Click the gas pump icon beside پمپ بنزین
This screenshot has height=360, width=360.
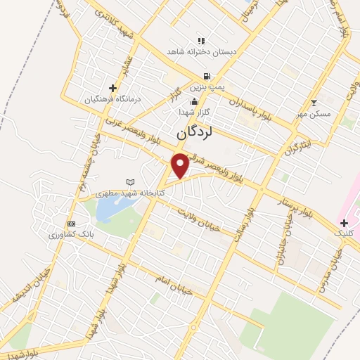tap(205, 76)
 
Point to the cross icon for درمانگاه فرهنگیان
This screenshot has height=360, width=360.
tap(112, 88)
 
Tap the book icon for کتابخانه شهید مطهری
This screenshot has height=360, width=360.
tap(129, 182)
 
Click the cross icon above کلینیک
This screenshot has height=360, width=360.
tap(344, 222)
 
